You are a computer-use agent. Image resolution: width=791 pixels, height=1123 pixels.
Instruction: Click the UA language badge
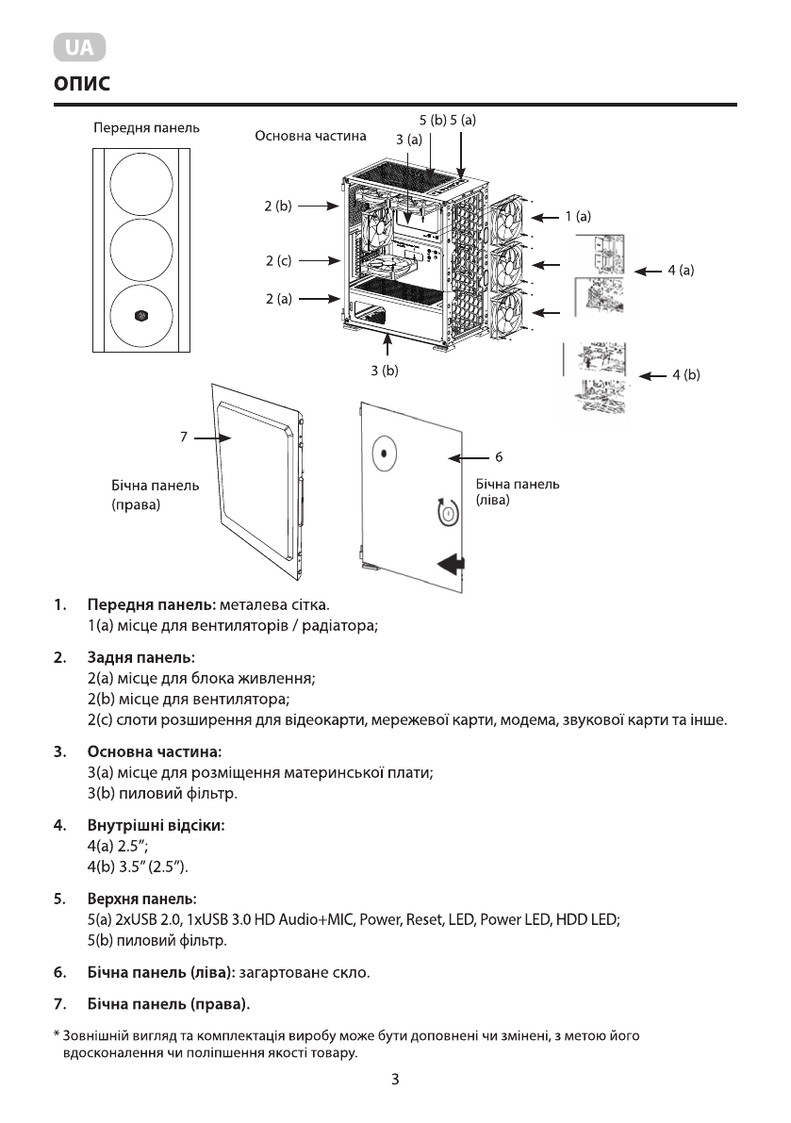[x=79, y=47]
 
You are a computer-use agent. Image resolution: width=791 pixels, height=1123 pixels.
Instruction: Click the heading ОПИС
[x=82, y=84]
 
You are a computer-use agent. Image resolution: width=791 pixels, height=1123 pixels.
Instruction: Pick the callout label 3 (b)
[x=385, y=371]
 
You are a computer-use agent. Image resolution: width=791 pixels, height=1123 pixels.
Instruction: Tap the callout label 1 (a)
[x=578, y=216]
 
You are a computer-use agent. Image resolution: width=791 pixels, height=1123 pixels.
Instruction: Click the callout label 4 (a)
[x=681, y=271]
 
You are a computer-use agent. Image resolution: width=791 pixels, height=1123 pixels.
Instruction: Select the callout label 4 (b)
[x=685, y=375]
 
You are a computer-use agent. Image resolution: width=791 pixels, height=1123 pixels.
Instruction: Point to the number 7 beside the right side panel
[x=185, y=438]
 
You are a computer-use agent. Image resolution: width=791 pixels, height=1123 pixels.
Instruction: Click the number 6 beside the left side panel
[x=499, y=457]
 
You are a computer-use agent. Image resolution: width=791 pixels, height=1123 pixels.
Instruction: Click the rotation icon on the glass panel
[x=448, y=512]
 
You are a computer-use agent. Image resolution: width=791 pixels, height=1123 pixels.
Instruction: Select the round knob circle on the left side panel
[x=384, y=454]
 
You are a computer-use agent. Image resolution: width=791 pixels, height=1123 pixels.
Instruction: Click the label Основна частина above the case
[x=310, y=136]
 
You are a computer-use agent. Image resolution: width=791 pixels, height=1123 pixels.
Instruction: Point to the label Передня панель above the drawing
[x=145, y=126]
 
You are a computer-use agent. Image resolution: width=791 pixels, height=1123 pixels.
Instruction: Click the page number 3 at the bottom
[x=395, y=1080]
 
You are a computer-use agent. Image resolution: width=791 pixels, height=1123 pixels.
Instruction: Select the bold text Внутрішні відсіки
[x=156, y=826]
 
